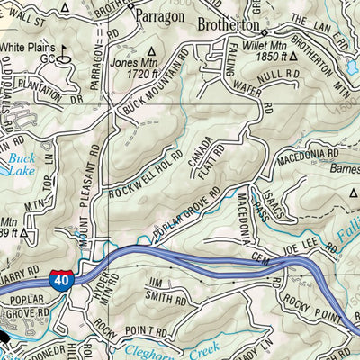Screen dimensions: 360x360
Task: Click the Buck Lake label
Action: [x=21, y=164]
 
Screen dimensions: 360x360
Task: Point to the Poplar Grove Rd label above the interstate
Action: [x=186, y=216]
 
